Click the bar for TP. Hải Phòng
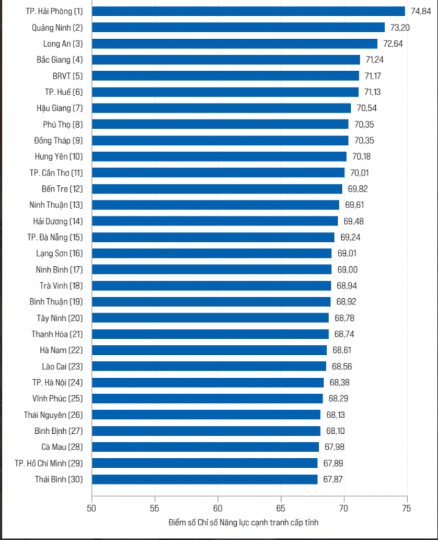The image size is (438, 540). click(x=248, y=11)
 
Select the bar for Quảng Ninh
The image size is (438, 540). click(x=238, y=27)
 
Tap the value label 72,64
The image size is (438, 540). click(x=393, y=43)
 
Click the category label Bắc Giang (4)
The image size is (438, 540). click(x=60, y=60)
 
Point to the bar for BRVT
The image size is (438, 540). click(x=225, y=76)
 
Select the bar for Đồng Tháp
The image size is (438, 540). click(x=220, y=141)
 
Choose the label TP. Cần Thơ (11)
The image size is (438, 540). click(x=56, y=173)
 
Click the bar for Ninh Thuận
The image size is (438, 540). click(x=215, y=205)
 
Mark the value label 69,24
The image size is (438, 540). click(x=350, y=237)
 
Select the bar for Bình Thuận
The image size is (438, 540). click(x=211, y=302)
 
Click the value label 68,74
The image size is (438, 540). click(x=344, y=334)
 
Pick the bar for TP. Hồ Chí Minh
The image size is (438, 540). click(x=204, y=463)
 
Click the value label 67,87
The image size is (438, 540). click(x=333, y=479)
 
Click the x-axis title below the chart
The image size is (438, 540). click(x=243, y=522)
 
